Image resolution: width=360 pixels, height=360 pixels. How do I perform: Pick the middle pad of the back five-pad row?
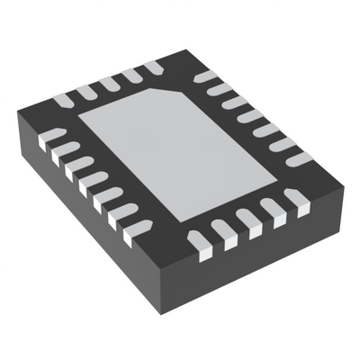click(109, 83)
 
